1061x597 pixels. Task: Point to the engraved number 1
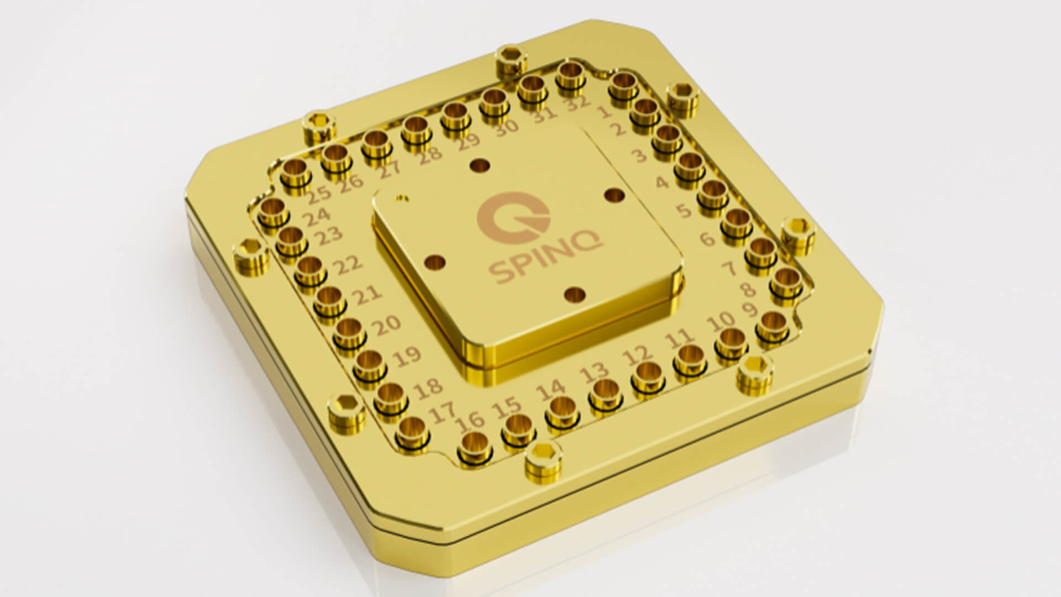(603, 113)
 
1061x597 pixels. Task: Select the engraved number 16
(470, 423)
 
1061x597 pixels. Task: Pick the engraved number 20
(387, 324)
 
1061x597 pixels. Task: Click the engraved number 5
(684, 210)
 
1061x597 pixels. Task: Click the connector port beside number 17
(412, 428)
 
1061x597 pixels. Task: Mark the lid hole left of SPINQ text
(435, 263)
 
